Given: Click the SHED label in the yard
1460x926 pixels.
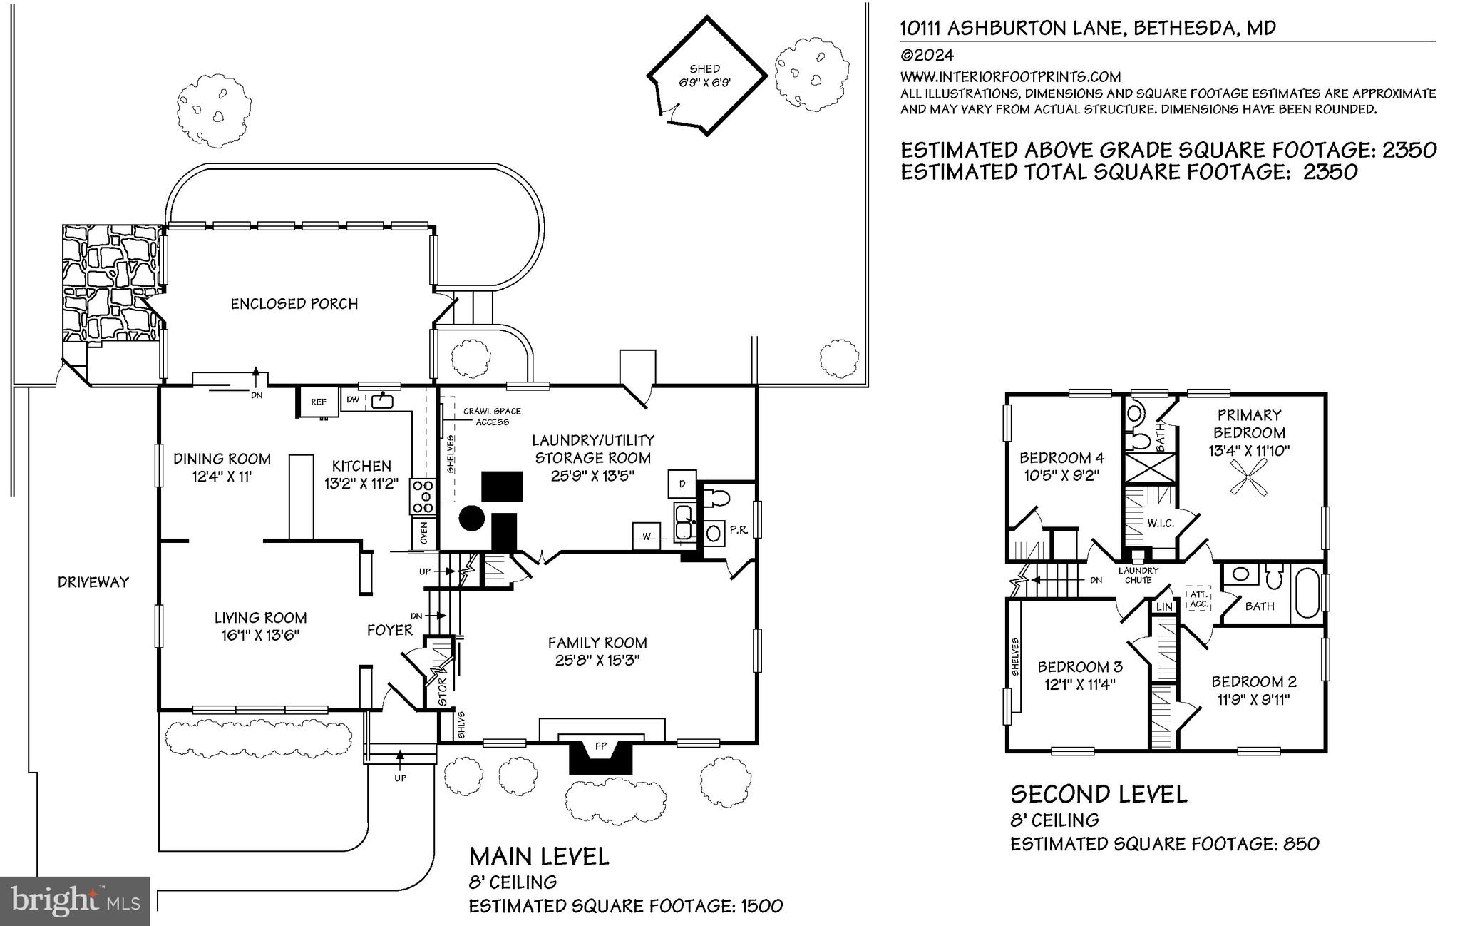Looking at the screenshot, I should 704,69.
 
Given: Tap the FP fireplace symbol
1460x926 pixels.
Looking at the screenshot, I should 600,746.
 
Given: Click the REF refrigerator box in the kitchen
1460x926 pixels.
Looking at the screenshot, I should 319,402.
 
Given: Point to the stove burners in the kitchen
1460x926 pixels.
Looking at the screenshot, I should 421,497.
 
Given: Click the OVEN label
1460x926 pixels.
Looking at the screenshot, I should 423,534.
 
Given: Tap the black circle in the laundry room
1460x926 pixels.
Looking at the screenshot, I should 471,518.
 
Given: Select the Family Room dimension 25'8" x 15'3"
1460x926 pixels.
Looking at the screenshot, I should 597,661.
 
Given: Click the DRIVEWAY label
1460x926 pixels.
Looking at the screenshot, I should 93,582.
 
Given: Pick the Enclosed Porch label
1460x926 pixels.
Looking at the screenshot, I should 294,304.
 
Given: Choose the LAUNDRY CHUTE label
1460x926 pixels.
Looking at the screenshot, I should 1138,575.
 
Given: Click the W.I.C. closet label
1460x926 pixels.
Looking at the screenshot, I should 1161,524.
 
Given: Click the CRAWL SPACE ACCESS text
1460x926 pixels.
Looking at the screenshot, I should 492,417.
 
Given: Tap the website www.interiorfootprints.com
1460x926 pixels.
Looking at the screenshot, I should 1010,77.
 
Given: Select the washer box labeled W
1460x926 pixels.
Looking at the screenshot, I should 647,536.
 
